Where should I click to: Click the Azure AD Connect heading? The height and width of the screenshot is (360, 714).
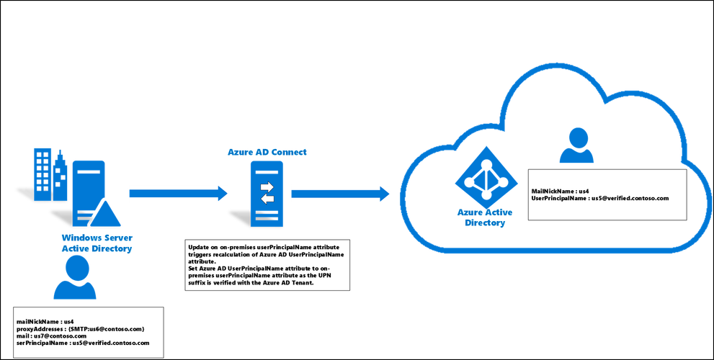(267, 152)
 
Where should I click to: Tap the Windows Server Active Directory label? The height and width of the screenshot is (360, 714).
(97, 243)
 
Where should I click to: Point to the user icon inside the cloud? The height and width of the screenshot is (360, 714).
(576, 145)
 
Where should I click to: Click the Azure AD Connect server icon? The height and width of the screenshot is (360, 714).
(266, 194)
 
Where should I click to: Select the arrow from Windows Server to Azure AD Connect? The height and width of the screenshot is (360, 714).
(178, 194)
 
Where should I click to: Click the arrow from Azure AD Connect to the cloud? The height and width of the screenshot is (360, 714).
(340, 194)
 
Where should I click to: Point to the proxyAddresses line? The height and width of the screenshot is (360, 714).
(81, 328)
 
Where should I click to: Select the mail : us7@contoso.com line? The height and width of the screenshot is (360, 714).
(51, 336)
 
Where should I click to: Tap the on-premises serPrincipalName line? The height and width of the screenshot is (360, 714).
(83, 342)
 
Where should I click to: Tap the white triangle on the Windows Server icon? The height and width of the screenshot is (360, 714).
(106, 213)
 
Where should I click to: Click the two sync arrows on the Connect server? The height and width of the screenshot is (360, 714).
(267, 192)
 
